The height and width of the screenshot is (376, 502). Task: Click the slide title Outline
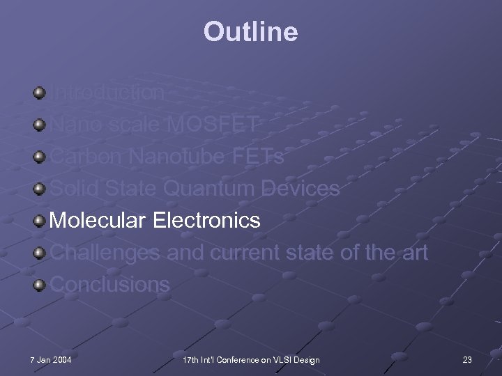[250, 31]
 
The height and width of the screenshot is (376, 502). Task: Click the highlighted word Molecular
[98, 221]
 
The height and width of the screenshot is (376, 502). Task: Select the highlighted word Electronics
[206, 221]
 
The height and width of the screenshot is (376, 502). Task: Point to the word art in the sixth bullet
[413, 253]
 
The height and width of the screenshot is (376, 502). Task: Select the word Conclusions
[110, 285]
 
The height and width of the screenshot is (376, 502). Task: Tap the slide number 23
[467, 359]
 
